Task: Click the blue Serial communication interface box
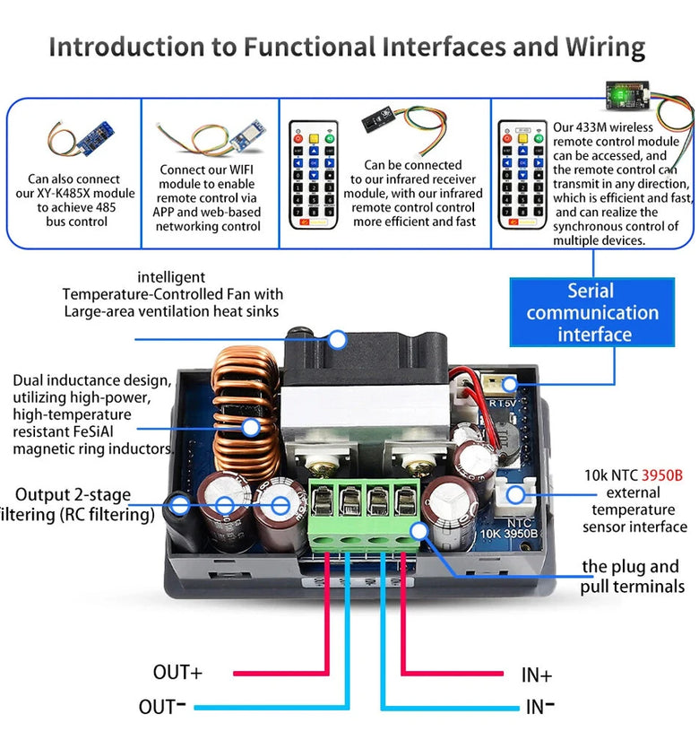[x=591, y=312]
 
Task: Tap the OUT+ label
[x=178, y=672]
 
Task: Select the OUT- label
[x=162, y=706]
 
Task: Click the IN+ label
[x=536, y=675]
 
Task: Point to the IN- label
[x=539, y=707]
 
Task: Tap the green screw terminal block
[x=366, y=512]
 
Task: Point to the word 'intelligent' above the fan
[x=170, y=278]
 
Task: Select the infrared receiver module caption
[x=413, y=193]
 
